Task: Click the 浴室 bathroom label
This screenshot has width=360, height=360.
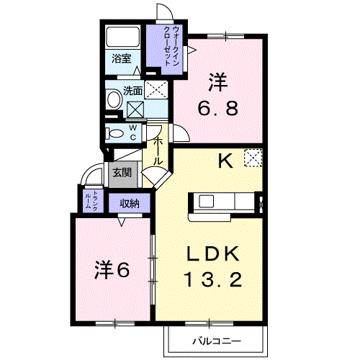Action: pos(122,58)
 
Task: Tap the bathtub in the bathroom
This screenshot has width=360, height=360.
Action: pos(123,37)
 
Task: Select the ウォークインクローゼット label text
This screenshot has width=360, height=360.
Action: pos(171,46)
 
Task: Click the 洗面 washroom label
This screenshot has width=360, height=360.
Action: pos(132,91)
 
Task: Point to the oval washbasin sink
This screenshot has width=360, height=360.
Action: pos(114,99)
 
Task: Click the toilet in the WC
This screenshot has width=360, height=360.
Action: pos(114,133)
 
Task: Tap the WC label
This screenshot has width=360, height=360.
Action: pos(133,132)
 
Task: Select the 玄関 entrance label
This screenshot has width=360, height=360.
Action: pos(122,172)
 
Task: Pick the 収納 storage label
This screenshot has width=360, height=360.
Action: pos(130,204)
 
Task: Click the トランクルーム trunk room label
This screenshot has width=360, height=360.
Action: pos(91,201)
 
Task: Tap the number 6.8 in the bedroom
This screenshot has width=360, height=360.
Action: pos(218,108)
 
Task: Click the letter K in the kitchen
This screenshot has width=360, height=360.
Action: pos(225,161)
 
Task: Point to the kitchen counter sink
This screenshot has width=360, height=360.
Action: pos(206,201)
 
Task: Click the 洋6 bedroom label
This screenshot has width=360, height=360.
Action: pos(112,270)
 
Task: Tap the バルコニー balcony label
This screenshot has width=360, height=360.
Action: pos(217,341)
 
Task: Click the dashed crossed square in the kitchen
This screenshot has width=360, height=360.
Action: pos(253,158)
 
